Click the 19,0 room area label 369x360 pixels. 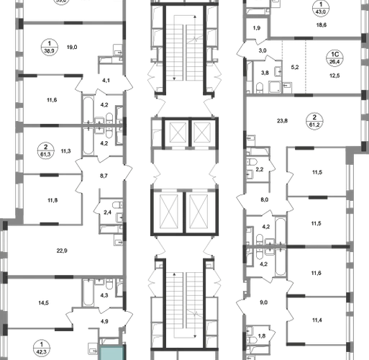point(72,48)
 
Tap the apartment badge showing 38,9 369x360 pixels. point(50,47)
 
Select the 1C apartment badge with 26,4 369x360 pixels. point(334,58)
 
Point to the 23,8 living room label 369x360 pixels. point(282,121)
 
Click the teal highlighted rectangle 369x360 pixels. point(111,353)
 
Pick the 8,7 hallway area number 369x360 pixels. point(104,176)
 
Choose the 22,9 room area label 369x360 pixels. point(62,251)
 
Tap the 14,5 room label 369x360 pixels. point(43,303)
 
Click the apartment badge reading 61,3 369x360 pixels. point(45,150)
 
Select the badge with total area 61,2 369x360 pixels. point(314,121)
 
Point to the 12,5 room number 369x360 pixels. point(334,76)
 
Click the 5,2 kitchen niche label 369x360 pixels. point(295,68)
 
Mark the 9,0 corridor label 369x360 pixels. point(263,302)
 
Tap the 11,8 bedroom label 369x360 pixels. point(53,200)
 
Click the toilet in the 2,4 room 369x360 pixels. point(118,205)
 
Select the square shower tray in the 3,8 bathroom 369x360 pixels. point(275,87)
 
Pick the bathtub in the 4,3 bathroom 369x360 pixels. point(88,292)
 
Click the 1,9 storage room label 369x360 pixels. point(257,28)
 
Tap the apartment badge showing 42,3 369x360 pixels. point(42,348)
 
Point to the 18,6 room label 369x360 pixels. point(322,25)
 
